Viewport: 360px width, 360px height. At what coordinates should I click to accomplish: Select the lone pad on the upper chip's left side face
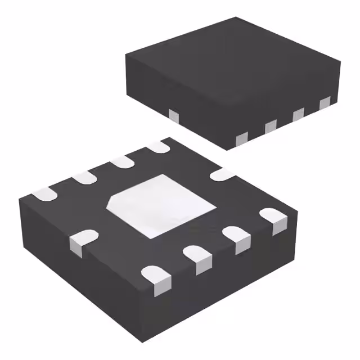173,116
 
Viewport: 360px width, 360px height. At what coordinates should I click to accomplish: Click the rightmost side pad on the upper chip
325,103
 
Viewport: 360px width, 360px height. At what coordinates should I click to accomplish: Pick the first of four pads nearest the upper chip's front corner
242,137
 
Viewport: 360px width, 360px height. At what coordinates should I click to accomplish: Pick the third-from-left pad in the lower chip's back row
121,163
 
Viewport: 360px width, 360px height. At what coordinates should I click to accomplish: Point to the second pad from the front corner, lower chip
197,258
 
